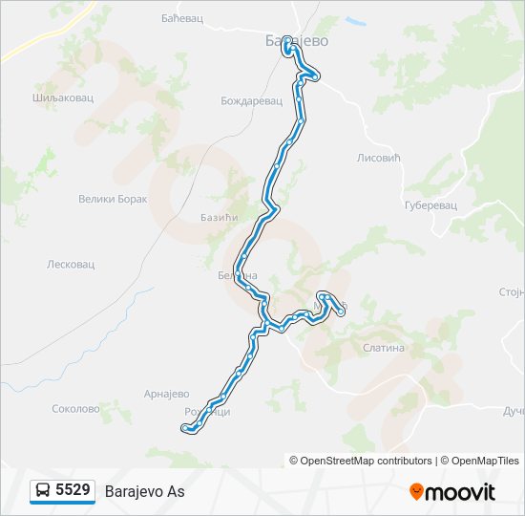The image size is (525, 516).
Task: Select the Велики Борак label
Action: [113, 200]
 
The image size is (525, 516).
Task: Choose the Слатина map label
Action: [384, 348]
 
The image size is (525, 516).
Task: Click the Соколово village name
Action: [75, 409]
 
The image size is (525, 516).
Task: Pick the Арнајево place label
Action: [167, 394]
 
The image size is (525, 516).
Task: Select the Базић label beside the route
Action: [218, 218]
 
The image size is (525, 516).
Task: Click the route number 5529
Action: [73, 490]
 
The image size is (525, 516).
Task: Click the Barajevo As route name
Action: [144, 491]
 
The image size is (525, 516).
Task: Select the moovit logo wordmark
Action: [461, 492]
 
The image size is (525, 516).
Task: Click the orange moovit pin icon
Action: [416, 491]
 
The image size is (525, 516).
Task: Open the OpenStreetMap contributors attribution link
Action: [367, 461]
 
